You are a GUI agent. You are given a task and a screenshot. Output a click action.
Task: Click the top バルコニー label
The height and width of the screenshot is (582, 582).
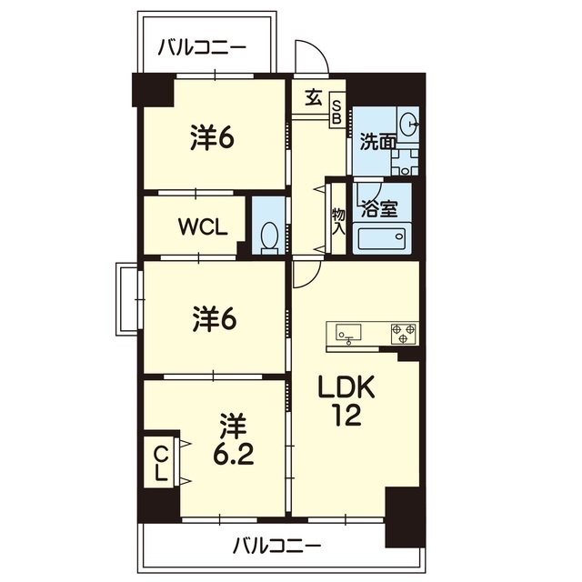tap(201, 48)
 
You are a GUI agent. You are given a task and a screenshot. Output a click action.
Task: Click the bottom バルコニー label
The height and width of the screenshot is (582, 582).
tap(276, 546)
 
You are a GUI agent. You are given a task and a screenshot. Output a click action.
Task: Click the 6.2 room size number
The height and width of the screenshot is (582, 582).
tap(233, 452)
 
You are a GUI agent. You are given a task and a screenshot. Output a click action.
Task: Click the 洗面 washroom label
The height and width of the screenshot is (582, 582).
tap(377, 141)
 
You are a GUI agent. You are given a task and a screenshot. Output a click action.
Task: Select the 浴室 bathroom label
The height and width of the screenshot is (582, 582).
tap(377, 208)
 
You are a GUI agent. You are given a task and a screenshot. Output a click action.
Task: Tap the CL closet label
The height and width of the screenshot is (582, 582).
tap(160, 465)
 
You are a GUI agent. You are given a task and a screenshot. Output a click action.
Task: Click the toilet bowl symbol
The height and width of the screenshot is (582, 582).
tap(269, 236)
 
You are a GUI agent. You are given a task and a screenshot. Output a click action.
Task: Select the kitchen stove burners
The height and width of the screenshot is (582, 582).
tap(404, 333)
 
